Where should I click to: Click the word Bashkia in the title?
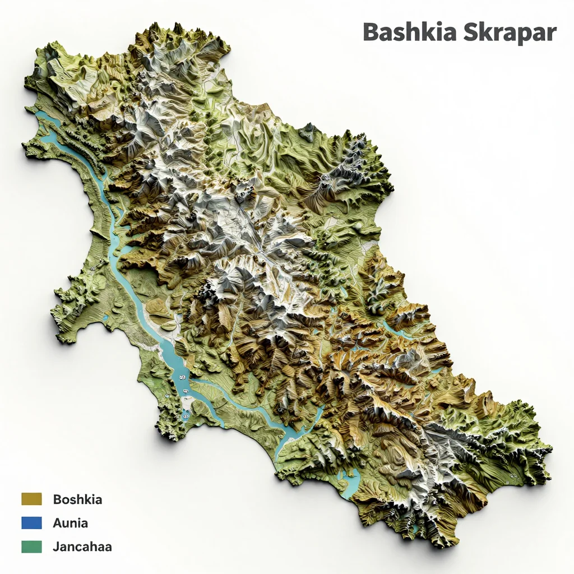(x=411, y=32)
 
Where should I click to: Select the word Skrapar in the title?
(x=511, y=32)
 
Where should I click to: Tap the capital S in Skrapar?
(x=473, y=32)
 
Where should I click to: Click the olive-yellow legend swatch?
(x=31, y=499)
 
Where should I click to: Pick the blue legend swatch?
(x=31, y=523)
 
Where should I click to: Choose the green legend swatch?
(x=31, y=547)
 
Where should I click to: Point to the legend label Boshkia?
(x=77, y=499)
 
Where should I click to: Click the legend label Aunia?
(x=70, y=523)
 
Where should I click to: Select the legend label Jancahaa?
(x=82, y=547)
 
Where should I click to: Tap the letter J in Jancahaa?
(x=56, y=547)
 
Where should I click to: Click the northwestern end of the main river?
(x=39, y=115)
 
